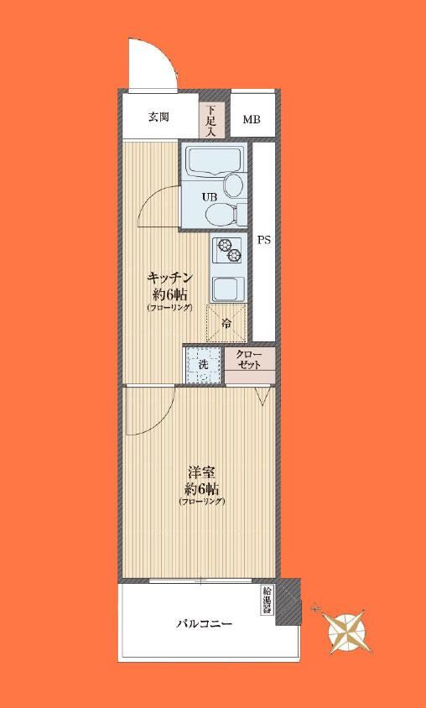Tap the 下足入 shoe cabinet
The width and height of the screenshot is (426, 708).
(211, 121)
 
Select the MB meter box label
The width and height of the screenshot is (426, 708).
(252, 120)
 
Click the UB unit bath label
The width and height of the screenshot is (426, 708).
(210, 197)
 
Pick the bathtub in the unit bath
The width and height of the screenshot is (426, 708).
(214, 161)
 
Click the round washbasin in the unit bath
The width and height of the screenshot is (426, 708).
(234, 185)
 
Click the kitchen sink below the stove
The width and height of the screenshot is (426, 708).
(228, 287)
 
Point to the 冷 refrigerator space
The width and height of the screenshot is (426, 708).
(226, 323)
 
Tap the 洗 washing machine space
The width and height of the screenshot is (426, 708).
(203, 365)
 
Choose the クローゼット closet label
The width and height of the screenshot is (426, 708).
(249, 360)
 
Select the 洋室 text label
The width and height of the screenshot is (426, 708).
(201, 474)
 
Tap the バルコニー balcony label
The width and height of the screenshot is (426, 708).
(204, 624)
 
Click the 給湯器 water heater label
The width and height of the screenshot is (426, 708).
(267, 600)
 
